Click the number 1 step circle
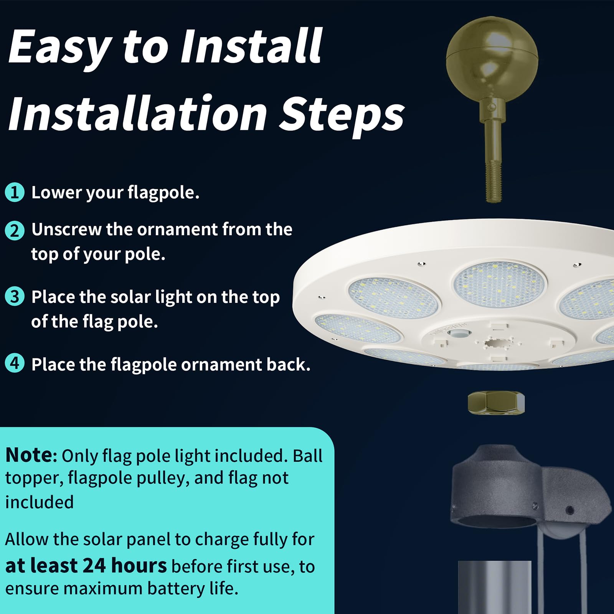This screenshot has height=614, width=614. pyautogui.click(x=15, y=192)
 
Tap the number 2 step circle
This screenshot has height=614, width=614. pyautogui.click(x=15, y=230)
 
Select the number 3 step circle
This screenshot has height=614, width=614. pyautogui.click(x=15, y=297)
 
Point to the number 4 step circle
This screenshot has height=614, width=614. pyautogui.click(x=15, y=363)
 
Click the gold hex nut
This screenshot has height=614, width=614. pyautogui.click(x=496, y=403)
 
